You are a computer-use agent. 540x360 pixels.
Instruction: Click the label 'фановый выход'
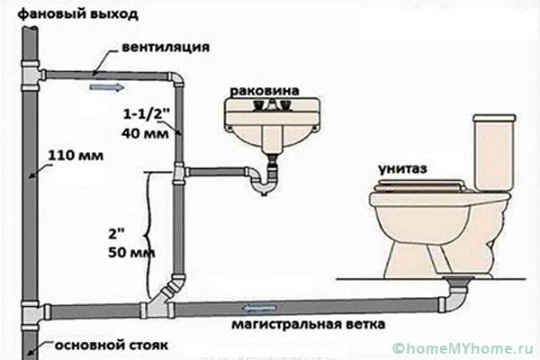[x=78, y=14]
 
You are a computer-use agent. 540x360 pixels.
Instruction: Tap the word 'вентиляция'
[x=166, y=47]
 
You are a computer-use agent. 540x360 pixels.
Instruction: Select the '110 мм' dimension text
[x=76, y=156]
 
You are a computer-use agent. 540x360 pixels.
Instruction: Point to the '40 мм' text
[x=145, y=133]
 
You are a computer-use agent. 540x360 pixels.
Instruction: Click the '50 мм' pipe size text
[x=131, y=253]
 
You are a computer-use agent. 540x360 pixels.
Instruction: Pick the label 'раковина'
[x=265, y=91]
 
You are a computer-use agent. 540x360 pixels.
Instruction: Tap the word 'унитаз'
[x=402, y=169]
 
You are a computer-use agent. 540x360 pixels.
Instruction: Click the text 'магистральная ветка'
[x=309, y=325]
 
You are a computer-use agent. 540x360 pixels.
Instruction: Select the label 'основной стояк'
[x=112, y=346]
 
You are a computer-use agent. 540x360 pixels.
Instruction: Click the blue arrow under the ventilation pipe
[x=107, y=87]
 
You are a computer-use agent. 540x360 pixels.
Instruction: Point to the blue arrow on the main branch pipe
[x=259, y=308]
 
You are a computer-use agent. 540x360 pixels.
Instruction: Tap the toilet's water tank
[x=495, y=151]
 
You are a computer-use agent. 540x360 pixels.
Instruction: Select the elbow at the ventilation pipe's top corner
[x=176, y=79]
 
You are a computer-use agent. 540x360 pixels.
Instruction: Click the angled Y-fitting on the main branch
[x=162, y=297]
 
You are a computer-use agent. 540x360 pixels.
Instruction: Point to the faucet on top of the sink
[x=272, y=104]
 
